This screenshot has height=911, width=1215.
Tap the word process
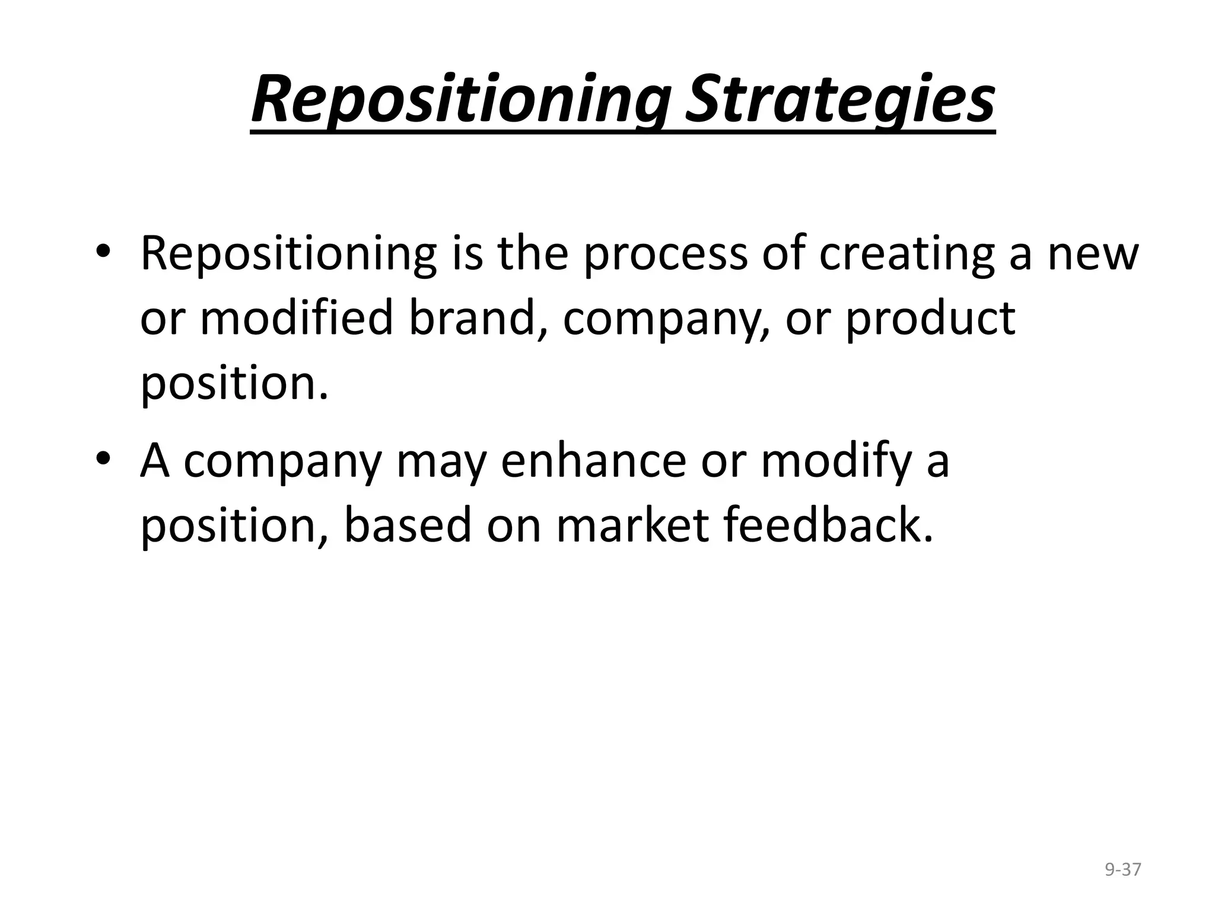[x=665, y=254]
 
